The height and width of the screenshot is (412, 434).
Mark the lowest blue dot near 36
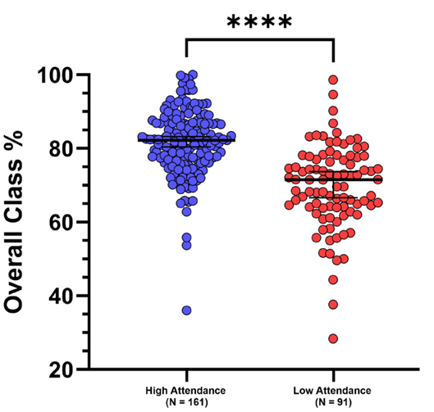click(187, 310)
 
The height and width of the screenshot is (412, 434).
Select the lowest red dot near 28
click(334, 338)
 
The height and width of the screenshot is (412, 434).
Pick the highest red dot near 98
click(334, 80)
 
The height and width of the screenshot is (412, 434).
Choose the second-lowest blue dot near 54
click(187, 245)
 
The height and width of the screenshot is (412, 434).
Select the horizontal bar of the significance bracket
click(260, 38)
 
